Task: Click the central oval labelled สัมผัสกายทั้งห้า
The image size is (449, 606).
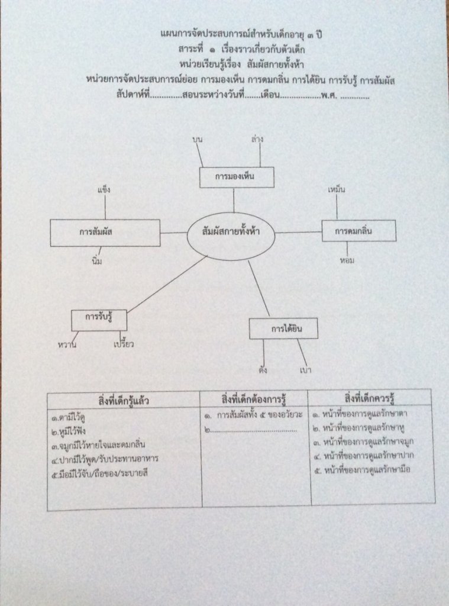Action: click(231, 233)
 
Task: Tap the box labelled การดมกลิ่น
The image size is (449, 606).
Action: click(350, 231)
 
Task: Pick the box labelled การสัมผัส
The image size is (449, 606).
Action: click(105, 233)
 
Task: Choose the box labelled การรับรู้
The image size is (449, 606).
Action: click(99, 320)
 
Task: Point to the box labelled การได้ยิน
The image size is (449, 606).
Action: click(283, 328)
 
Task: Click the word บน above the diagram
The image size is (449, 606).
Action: click(198, 138)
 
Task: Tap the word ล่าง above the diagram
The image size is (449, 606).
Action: click(257, 138)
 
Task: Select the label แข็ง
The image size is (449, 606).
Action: click(104, 191)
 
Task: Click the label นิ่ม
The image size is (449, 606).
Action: click(98, 262)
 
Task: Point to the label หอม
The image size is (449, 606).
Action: click(347, 260)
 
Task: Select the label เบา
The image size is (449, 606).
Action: click(306, 370)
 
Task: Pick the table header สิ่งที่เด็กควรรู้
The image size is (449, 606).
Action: click(371, 395)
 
